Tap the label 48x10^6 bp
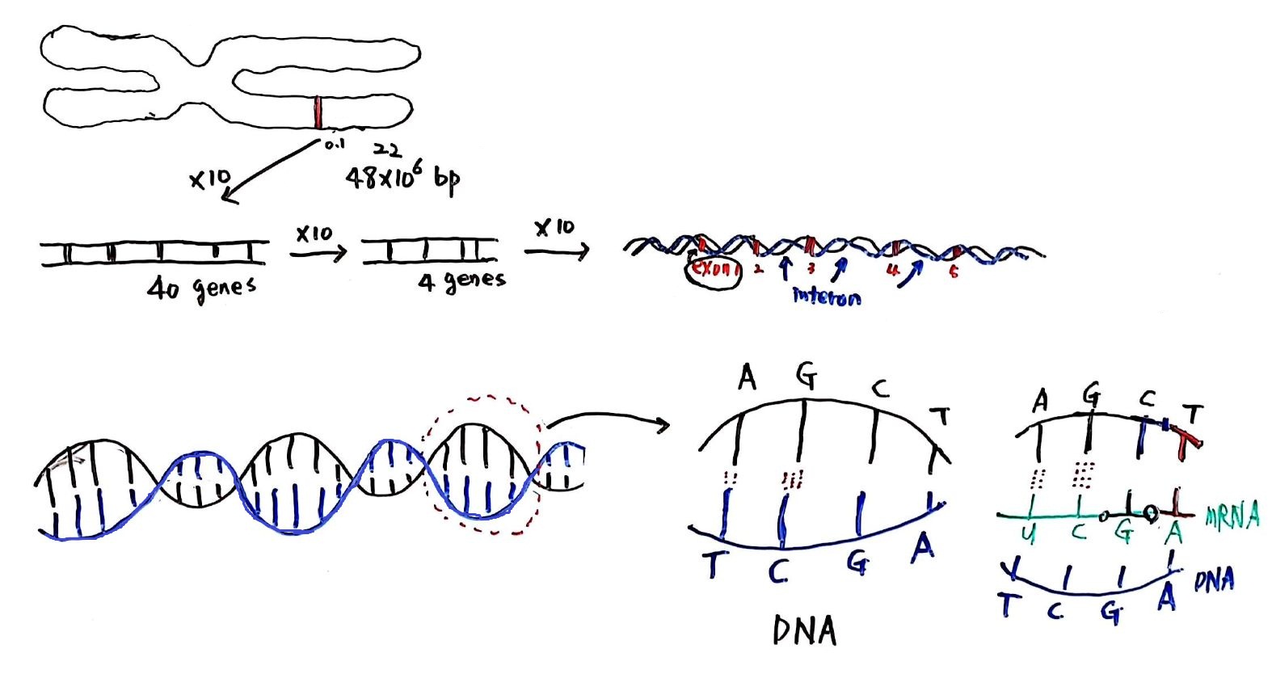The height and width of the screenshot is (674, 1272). pos(402,179)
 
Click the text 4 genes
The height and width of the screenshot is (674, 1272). pos(461,281)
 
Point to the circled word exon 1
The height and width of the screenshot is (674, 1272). pos(712,270)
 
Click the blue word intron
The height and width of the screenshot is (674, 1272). pos(826,297)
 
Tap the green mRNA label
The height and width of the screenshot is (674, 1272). pos(1232,516)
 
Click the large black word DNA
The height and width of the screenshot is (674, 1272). pos(803,630)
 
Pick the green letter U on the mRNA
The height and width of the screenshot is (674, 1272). pos(1029,533)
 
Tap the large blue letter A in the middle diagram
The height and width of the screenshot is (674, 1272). pos(922,548)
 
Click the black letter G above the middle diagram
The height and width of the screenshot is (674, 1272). pos(806,376)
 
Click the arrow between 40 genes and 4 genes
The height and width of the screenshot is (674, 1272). pos(318,253)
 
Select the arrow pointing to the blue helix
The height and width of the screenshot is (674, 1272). pos(557,251)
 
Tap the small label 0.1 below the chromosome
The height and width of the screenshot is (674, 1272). pos(334,145)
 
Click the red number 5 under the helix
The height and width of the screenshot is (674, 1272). pos(954,272)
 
